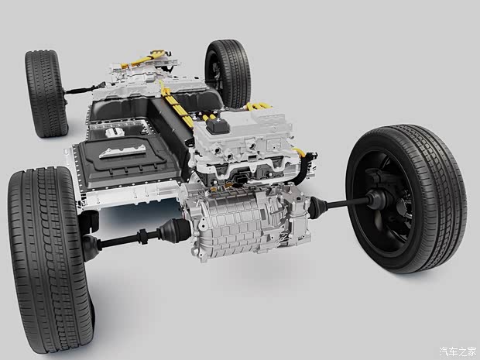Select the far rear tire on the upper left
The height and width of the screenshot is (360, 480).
(x=46, y=94)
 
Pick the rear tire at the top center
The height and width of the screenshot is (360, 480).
(x=228, y=74)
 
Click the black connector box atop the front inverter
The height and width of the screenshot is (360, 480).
(x=218, y=125)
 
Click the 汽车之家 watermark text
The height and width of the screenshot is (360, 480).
(x=458, y=351)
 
